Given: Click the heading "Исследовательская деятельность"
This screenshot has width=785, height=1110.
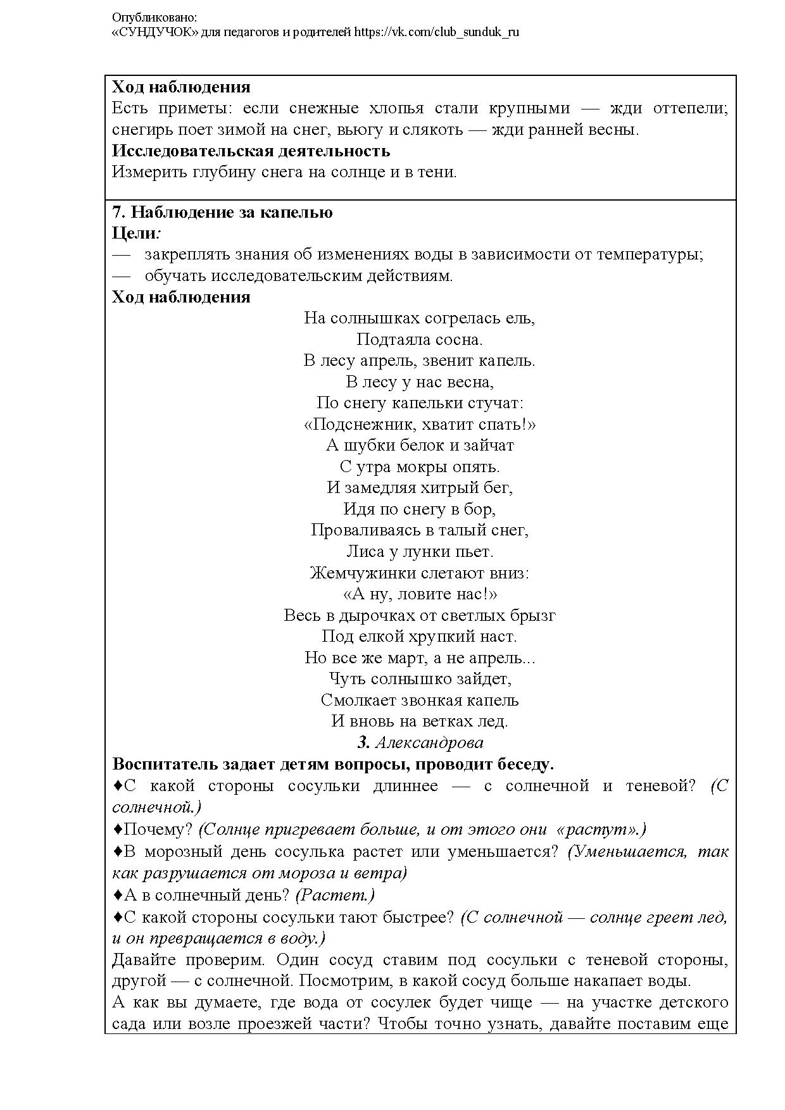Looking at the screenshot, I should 251,151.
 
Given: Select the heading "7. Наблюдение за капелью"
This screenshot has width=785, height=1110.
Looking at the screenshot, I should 222,212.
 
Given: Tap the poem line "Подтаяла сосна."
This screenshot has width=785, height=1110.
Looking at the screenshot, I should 419,339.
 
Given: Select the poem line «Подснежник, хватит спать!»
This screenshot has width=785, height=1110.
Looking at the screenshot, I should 419,424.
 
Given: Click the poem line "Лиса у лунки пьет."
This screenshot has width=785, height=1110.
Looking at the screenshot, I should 419,551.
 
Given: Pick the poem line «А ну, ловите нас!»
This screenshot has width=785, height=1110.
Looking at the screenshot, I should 419,594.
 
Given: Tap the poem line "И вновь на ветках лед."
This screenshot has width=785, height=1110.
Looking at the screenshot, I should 419,721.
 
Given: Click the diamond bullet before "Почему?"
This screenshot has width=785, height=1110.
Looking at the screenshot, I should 117,828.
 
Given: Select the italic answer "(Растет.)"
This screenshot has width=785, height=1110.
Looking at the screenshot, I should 335,895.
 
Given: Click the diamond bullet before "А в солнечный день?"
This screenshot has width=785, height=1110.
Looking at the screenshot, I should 117,894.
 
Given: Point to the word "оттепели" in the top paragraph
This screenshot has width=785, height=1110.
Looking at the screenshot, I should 693,108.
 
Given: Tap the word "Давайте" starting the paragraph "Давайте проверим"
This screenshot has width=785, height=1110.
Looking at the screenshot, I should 141,959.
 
